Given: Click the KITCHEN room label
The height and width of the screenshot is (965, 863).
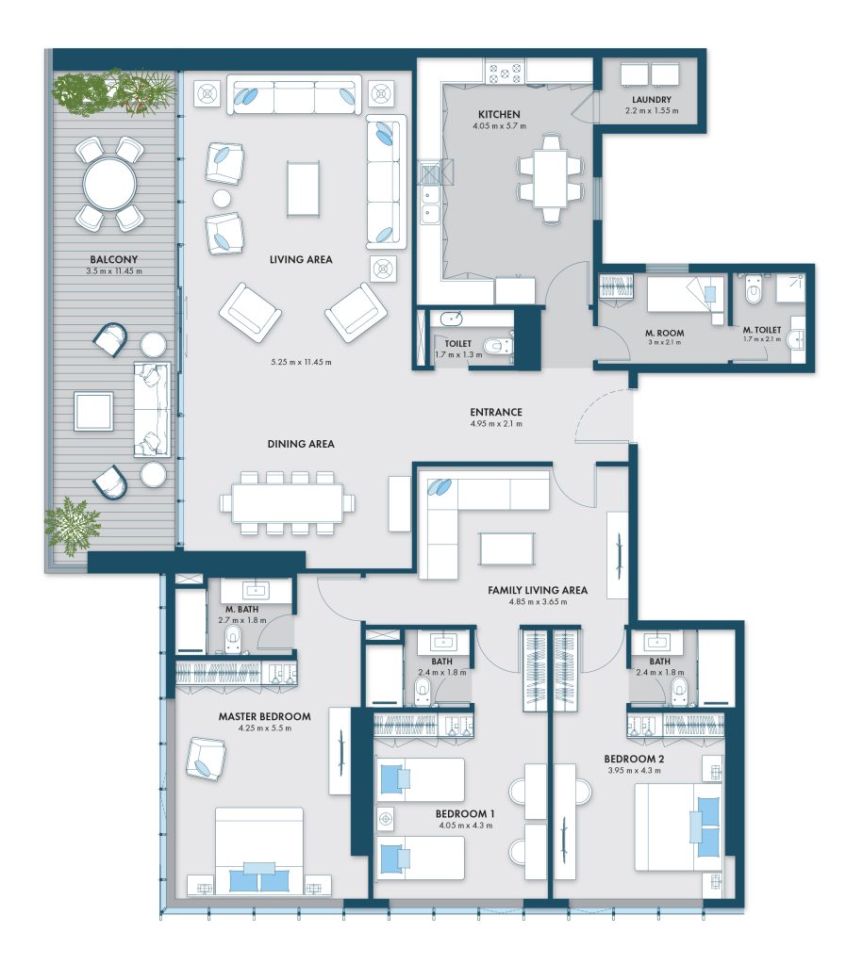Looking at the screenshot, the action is (x=499, y=114).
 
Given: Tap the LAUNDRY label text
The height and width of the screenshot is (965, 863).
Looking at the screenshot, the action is (x=651, y=100).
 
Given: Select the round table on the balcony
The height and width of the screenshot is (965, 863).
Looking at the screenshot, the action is (x=109, y=184).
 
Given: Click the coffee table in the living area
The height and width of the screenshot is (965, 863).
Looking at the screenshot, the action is (x=303, y=188).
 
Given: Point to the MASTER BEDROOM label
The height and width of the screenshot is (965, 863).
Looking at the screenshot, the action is (x=264, y=716).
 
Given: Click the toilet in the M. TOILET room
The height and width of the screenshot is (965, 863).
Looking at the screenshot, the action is (x=754, y=289).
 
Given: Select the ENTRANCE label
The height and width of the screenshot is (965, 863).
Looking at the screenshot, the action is (x=496, y=413).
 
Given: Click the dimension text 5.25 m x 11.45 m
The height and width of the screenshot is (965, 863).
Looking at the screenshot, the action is (x=301, y=362).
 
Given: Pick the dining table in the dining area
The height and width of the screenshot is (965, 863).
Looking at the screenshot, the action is (x=288, y=503).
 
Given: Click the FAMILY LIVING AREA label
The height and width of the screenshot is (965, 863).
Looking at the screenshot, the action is (x=538, y=590).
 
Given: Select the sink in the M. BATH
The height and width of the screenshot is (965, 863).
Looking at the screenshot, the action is (x=255, y=591).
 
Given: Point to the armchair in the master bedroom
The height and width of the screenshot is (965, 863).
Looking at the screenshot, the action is (x=206, y=760).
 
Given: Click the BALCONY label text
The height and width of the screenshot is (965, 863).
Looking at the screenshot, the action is (x=114, y=260).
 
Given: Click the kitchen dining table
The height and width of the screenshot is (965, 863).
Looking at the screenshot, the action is (x=551, y=178).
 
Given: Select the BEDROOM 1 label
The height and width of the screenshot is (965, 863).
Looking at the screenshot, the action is (x=465, y=813).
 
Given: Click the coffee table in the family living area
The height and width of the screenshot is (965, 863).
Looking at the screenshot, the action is (x=507, y=548).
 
